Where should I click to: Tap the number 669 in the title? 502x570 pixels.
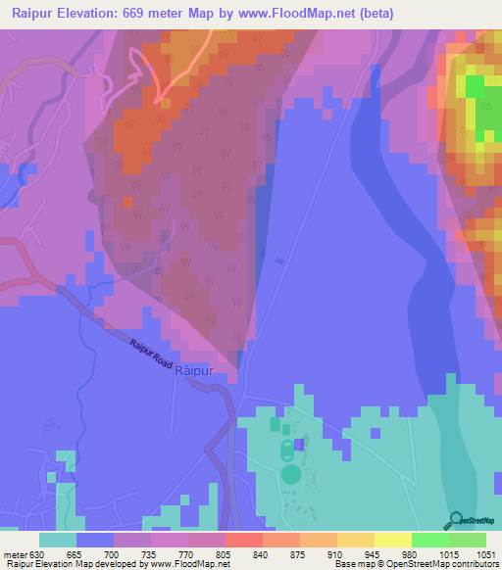[135, 13]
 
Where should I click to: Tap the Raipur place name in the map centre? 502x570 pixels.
[193, 372]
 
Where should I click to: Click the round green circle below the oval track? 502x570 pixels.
[290, 474]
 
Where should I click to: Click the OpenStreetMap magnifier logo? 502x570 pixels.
[456, 520]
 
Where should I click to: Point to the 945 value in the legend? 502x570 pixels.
[355, 552]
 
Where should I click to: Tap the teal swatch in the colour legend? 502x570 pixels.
[58, 540]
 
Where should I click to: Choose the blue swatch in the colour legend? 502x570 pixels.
[95, 540]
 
